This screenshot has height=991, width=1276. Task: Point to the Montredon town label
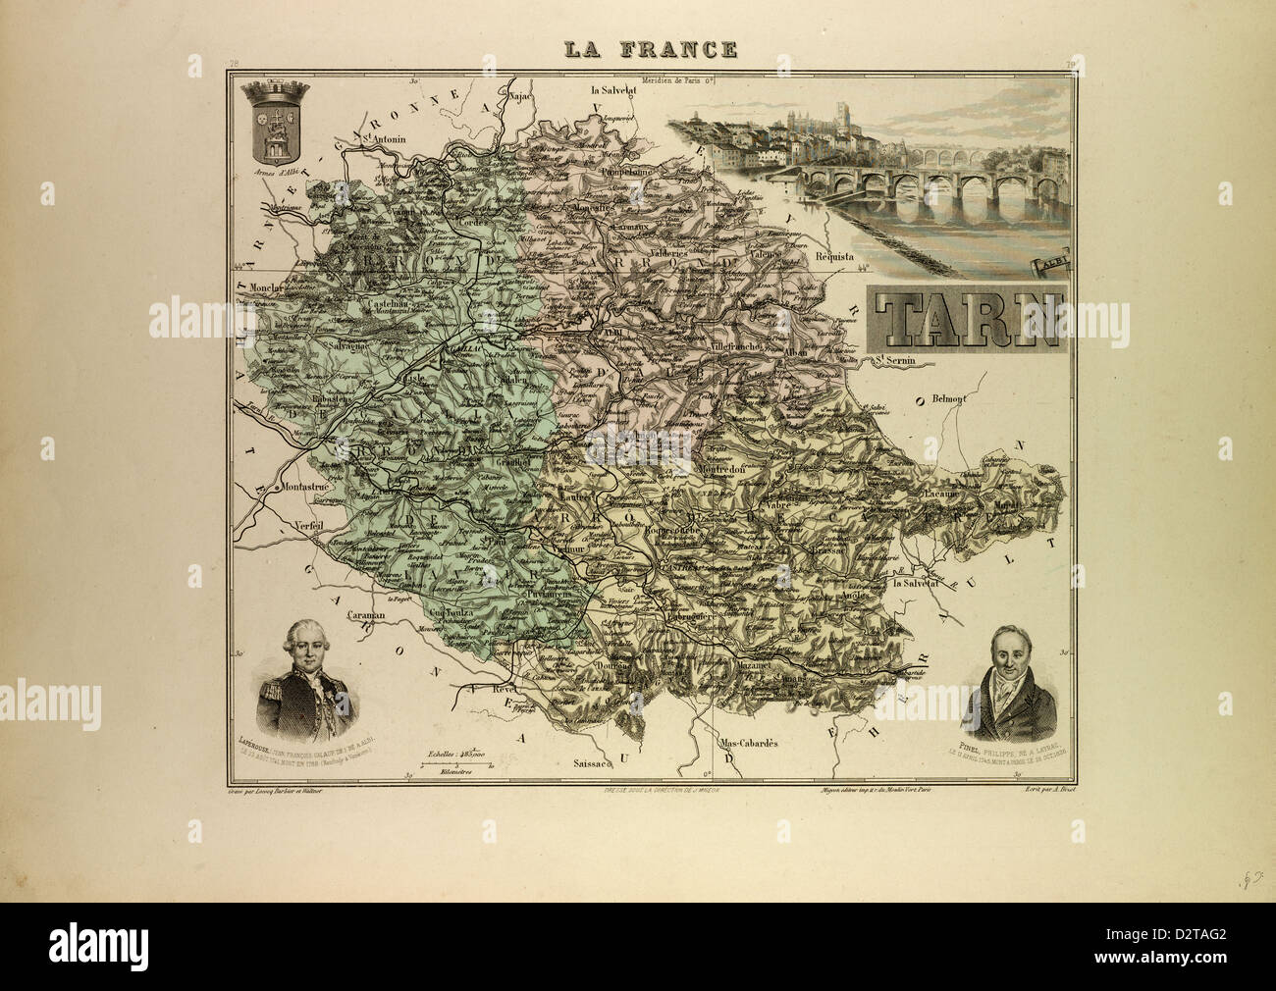pos(723,469)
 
